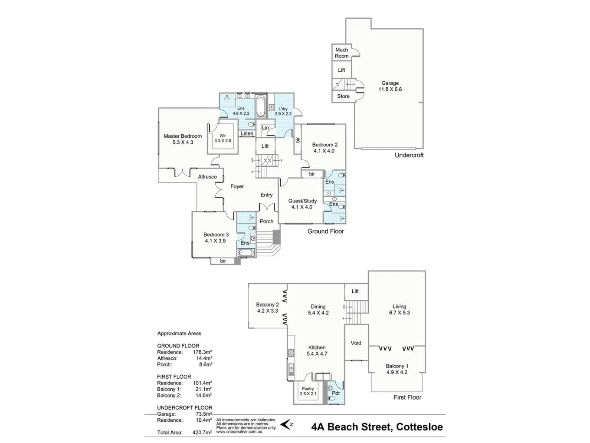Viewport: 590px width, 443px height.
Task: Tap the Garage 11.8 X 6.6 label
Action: pos(390,86)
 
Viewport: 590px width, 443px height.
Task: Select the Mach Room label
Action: pos(341,53)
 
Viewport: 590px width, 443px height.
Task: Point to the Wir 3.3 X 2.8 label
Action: pos(223,138)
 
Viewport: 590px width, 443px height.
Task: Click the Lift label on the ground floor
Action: pos(265,146)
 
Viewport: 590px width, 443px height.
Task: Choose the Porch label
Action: pos(266,221)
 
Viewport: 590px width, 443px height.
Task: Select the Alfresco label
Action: pos(207,177)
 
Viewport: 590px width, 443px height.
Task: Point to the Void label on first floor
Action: pos(356,343)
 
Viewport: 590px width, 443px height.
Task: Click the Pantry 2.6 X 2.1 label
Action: pos(308,391)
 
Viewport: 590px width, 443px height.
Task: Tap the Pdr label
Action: pos(336,393)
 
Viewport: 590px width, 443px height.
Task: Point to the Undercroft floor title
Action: pos(409,155)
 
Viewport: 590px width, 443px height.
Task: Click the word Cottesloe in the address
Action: pos(419,427)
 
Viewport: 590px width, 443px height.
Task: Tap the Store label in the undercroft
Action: pos(343,96)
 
